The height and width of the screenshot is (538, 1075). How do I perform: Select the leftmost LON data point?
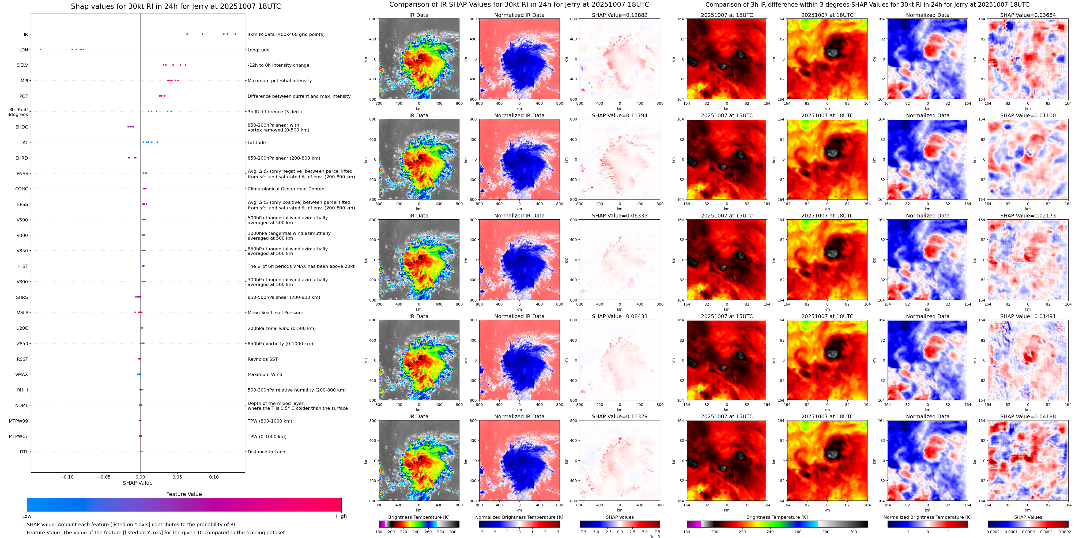click(40, 49)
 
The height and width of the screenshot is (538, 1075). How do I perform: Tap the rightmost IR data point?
click(235, 34)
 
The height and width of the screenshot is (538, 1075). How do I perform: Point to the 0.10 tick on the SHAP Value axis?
click(214, 477)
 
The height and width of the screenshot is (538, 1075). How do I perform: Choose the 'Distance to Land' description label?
click(266, 452)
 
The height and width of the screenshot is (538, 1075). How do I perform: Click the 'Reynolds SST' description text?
click(262, 359)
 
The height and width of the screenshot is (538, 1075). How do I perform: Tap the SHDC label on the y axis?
click(22, 127)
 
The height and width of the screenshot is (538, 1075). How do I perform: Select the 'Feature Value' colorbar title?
click(184, 494)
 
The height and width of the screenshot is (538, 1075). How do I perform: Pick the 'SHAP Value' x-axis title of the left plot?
click(137, 483)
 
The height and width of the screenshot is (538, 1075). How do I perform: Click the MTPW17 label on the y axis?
click(18, 436)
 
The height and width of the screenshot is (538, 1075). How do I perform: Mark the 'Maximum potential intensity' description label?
click(280, 81)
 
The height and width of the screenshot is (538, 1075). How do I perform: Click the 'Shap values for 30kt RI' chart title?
click(176, 6)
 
